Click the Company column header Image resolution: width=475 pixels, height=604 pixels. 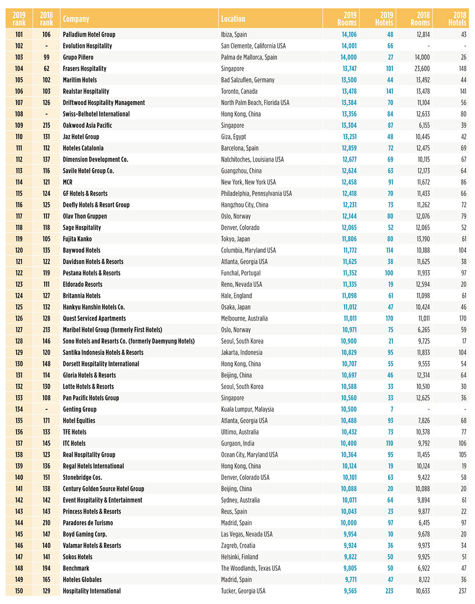(76, 19)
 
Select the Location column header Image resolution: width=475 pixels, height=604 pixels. (233, 19)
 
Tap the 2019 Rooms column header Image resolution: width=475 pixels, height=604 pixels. (347, 19)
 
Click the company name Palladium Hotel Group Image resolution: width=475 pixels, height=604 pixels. (89, 35)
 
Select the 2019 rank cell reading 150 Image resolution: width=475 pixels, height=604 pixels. (19, 591)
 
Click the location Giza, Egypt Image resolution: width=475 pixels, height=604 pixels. (233, 137)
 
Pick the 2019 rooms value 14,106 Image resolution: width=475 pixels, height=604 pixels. (349, 35)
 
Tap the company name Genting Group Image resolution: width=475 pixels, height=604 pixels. (79, 409)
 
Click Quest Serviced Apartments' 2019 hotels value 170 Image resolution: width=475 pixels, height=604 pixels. (389, 319)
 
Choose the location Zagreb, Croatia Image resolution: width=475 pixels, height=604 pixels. (238, 546)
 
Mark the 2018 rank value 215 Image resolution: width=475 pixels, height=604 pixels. (47, 126)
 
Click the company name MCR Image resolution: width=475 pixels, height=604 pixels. (67, 182)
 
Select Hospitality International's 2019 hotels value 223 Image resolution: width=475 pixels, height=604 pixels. (389, 591)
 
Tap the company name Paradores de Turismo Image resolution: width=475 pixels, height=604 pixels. (88, 523)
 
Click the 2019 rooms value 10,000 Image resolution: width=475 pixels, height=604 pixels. (349, 523)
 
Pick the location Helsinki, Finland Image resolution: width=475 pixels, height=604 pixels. (239, 557)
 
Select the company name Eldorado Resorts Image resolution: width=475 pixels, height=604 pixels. (82, 284)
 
